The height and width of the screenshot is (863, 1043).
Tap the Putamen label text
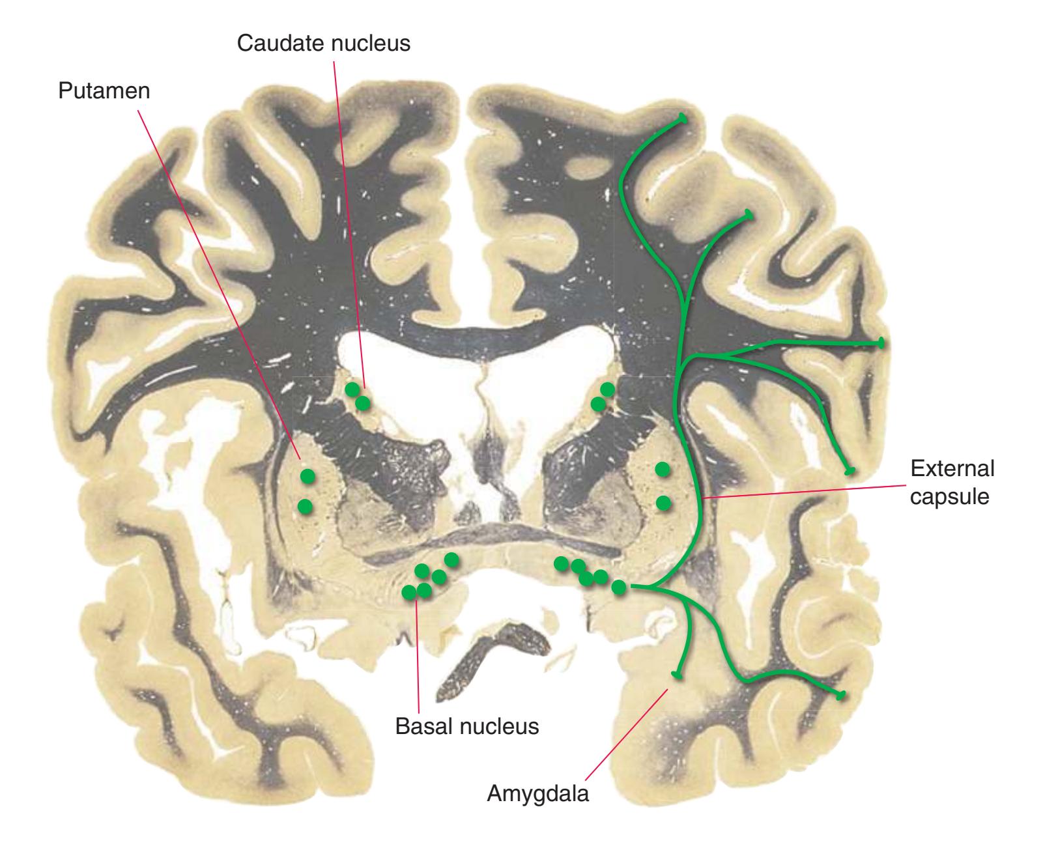(x=104, y=91)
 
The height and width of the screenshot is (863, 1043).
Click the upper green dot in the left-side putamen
(x=307, y=476)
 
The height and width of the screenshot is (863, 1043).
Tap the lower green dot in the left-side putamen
(x=304, y=505)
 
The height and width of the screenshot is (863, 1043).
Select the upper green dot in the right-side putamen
(x=663, y=468)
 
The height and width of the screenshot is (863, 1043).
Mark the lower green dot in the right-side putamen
(x=663, y=502)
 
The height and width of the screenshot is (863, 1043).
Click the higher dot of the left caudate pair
(x=352, y=389)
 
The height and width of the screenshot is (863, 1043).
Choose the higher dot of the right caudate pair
(x=607, y=389)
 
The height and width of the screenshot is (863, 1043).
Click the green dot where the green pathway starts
(x=619, y=587)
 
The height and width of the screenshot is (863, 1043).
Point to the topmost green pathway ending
(x=683, y=118)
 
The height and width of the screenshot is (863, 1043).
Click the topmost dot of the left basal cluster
(x=451, y=559)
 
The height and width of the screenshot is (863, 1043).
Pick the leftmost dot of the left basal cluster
(x=409, y=592)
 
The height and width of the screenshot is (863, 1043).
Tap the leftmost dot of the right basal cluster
(x=561, y=563)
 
